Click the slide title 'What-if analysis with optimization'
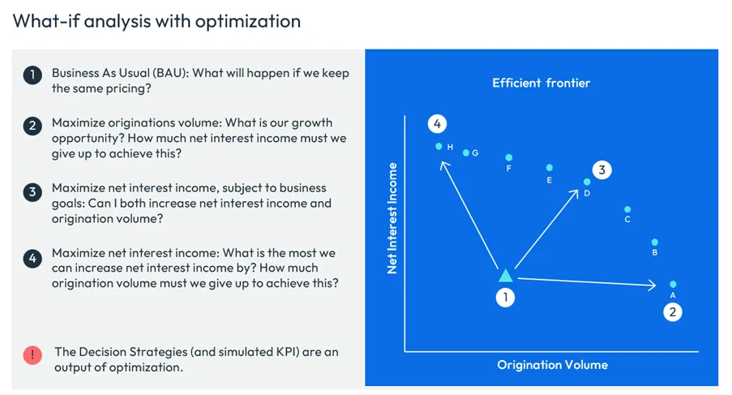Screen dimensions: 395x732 [x=156, y=20]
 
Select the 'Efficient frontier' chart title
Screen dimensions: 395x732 [x=541, y=83]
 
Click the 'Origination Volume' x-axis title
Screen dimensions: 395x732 [x=552, y=365]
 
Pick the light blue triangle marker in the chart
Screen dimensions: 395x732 [x=505, y=276]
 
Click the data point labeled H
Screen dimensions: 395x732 [x=439, y=147]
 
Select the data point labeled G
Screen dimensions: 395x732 [x=465, y=152]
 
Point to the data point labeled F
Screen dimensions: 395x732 [x=509, y=157]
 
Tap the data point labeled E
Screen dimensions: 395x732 [x=550, y=169]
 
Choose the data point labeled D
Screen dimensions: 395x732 [x=587, y=182]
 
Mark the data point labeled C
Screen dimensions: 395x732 [x=627, y=208]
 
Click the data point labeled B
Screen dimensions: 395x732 [x=655, y=242]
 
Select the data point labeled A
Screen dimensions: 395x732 [x=673, y=284]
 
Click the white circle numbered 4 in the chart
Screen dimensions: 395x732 [x=437, y=124]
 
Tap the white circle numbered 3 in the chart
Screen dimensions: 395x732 [x=601, y=170]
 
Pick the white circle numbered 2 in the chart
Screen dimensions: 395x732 [x=672, y=311]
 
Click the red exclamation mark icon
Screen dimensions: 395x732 [x=32, y=354]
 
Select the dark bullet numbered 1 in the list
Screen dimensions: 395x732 [x=32, y=75]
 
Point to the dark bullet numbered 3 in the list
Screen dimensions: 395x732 [x=32, y=192]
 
